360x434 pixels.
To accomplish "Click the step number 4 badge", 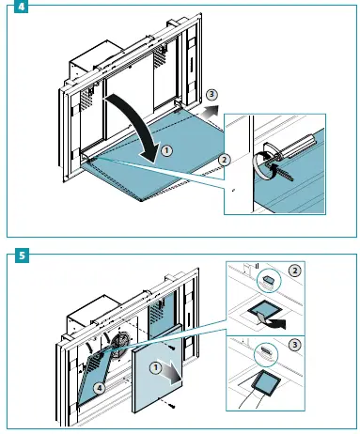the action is click(x=21, y=7).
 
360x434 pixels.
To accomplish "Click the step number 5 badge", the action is click(x=22, y=256).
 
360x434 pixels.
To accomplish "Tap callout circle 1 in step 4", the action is click(x=166, y=151).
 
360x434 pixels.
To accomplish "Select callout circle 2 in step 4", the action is click(x=224, y=160).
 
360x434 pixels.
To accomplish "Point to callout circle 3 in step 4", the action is click(x=211, y=94).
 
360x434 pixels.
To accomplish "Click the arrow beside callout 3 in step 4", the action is click(x=210, y=112).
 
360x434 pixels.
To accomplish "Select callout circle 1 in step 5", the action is click(x=155, y=367).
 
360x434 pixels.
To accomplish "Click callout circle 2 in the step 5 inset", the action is click(x=294, y=271).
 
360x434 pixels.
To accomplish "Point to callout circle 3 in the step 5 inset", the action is click(x=294, y=345).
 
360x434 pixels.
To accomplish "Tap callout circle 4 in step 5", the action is click(x=100, y=388).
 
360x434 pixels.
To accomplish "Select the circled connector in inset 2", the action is click(x=269, y=280).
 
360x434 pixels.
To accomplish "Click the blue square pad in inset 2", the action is click(x=262, y=311).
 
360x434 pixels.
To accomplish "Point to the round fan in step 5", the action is click(x=120, y=346).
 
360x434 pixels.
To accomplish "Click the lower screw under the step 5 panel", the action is click(x=171, y=406).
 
